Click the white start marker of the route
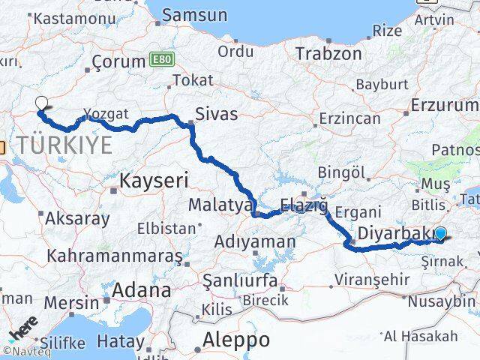point(40,105)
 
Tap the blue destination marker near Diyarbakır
point(440,234)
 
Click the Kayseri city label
point(154,179)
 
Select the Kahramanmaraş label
point(114,255)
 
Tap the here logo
point(22,327)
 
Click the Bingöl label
point(340,173)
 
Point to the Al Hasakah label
point(421,335)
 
